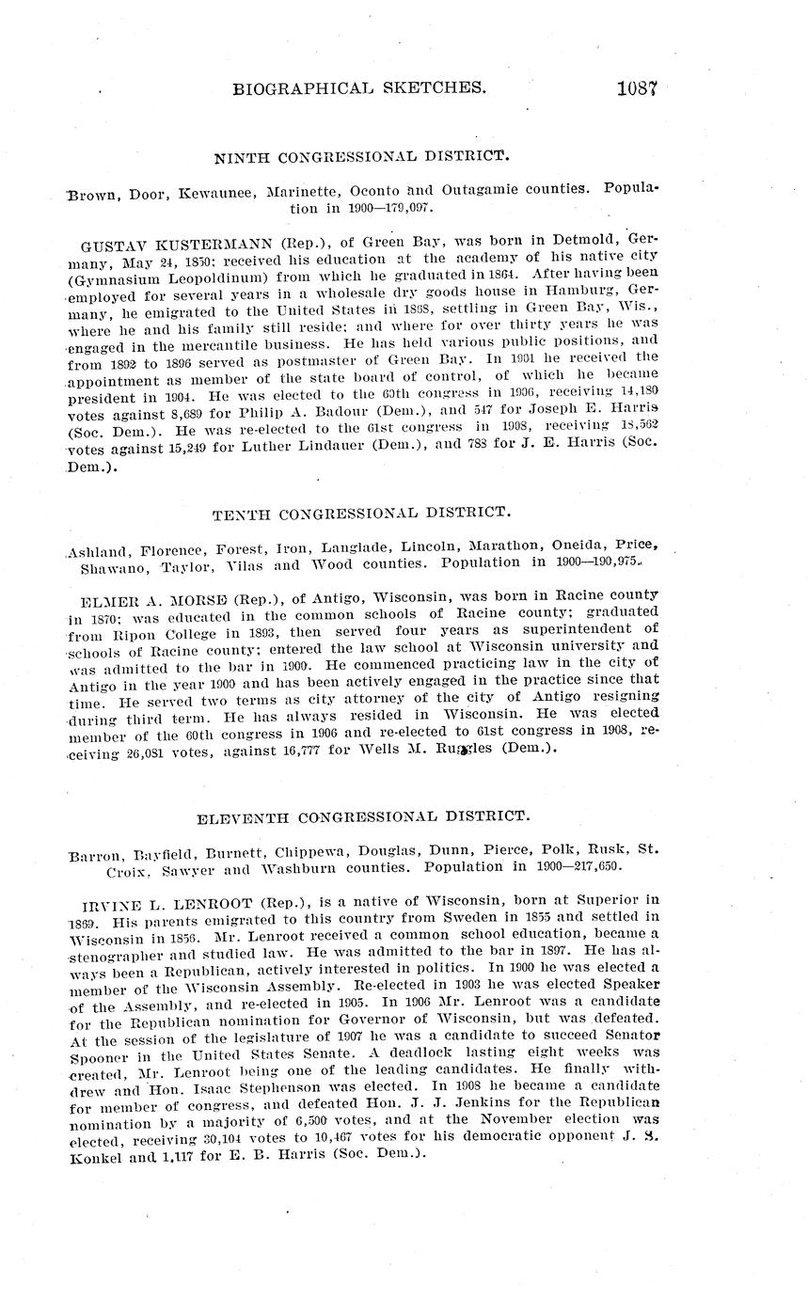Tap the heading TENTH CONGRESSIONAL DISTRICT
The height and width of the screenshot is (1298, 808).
361,514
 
